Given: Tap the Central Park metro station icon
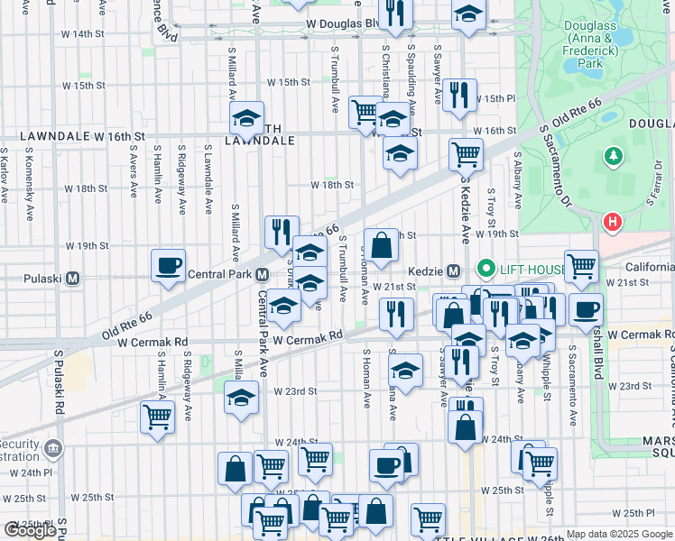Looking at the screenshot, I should pyautogui.click(x=262, y=274).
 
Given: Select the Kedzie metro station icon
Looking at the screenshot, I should pyautogui.click(x=456, y=270).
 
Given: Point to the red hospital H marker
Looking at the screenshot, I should pyautogui.click(x=613, y=221).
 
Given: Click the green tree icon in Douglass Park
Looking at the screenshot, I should pyautogui.click(x=614, y=157).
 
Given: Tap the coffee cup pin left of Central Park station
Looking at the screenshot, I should pyautogui.click(x=169, y=266).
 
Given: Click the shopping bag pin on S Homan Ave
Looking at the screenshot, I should pyautogui.click(x=381, y=244).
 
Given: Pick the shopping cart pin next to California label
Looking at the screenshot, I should pyautogui.click(x=582, y=266).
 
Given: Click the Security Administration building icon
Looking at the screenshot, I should pyautogui.click(x=53, y=448).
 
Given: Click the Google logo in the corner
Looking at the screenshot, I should pyautogui.click(x=30, y=530).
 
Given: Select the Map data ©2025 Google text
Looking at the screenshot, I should pyautogui.click(x=618, y=534).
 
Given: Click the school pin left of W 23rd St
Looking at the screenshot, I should pyautogui.click(x=241, y=399).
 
